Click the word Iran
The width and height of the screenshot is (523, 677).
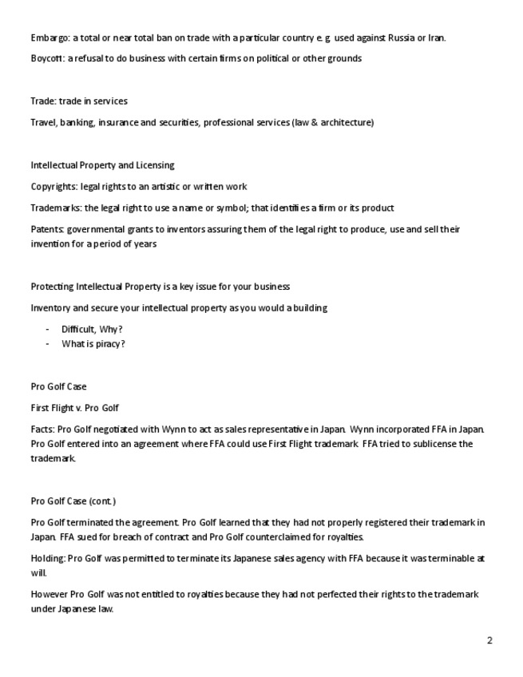[x=436, y=38]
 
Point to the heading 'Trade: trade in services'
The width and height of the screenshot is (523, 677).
[x=78, y=101]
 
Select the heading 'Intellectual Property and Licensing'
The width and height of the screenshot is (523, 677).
[x=102, y=165]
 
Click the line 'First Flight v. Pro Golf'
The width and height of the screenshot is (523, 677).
[x=74, y=408]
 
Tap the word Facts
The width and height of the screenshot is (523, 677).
[x=42, y=430]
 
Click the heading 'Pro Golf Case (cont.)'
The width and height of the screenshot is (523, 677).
[x=73, y=501]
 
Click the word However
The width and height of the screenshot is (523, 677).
[x=49, y=595]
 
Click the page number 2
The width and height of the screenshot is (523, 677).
[x=489, y=640]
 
